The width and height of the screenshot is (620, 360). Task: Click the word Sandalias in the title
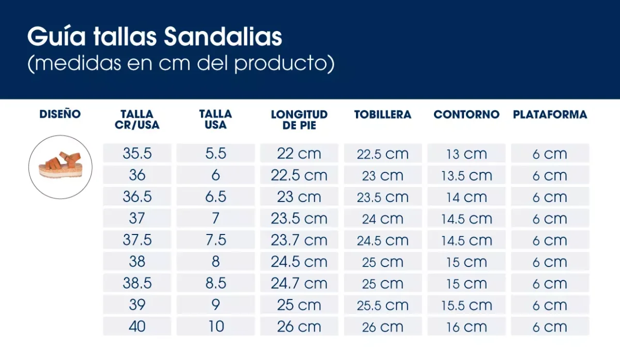[223, 37]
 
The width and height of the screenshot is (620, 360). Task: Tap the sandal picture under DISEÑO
[60, 167]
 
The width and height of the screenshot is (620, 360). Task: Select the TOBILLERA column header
[383, 115]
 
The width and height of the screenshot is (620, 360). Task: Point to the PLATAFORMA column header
[550, 115]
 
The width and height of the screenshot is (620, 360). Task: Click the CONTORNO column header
[467, 115]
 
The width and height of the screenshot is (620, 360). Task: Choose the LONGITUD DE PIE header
[299, 119]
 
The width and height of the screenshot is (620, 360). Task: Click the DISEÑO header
[60, 114]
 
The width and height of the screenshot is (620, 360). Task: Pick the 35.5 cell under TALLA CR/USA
[137, 153]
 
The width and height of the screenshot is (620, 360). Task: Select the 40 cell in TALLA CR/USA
[137, 326]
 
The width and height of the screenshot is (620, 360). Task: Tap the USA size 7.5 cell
[215, 240]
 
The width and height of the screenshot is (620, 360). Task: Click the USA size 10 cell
[215, 326]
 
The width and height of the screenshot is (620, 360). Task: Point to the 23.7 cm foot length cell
[299, 240]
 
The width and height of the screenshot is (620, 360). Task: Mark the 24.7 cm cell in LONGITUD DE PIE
[299, 284]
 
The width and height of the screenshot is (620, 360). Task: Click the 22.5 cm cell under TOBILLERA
[383, 154]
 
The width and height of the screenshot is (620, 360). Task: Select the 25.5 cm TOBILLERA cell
[383, 305]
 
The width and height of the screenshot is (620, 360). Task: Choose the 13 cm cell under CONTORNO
[467, 154]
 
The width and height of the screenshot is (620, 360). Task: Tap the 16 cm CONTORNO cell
[467, 327]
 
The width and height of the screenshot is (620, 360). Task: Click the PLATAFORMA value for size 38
[550, 262]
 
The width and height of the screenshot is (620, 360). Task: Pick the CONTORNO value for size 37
[467, 219]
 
